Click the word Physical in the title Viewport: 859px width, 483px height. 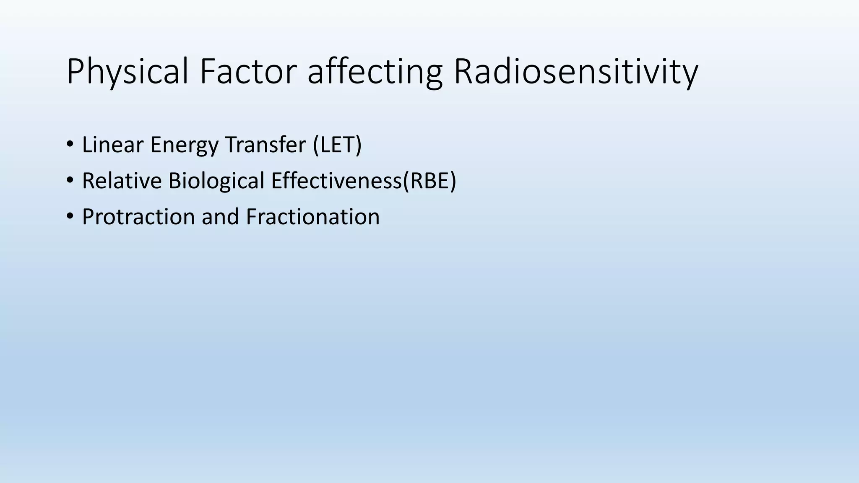click(127, 72)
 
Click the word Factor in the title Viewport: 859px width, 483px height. click(248, 72)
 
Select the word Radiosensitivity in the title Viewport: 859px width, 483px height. click(575, 72)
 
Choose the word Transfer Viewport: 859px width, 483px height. click(266, 145)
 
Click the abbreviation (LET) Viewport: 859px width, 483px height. click(337, 145)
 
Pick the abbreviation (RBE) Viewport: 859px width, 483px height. click(429, 181)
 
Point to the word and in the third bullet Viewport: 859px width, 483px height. click(220, 217)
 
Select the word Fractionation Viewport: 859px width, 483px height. click(312, 217)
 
